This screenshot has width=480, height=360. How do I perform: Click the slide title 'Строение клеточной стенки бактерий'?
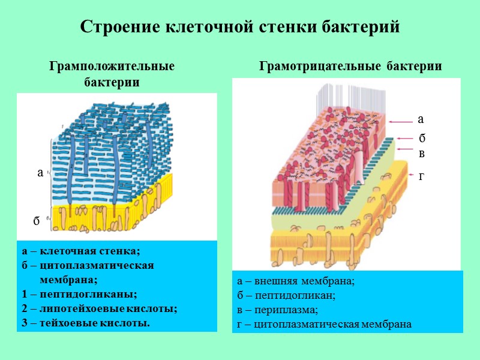click(x=239, y=27)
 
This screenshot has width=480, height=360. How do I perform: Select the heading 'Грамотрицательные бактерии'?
click(x=350, y=67)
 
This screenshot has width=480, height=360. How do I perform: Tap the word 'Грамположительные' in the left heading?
click(x=112, y=67)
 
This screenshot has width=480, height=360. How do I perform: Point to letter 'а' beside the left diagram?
click(x=40, y=173)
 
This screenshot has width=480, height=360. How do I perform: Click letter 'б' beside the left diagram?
click(x=36, y=221)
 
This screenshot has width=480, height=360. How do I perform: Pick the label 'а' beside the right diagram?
click(x=421, y=119)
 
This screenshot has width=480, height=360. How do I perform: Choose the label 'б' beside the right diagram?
click(x=422, y=139)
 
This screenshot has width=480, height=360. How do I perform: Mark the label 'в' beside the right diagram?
click(x=421, y=153)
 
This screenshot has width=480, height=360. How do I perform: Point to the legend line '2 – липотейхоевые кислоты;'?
click(x=99, y=308)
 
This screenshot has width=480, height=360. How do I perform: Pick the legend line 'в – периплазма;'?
click(x=277, y=310)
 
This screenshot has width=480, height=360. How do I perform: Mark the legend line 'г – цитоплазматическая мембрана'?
click(x=324, y=325)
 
